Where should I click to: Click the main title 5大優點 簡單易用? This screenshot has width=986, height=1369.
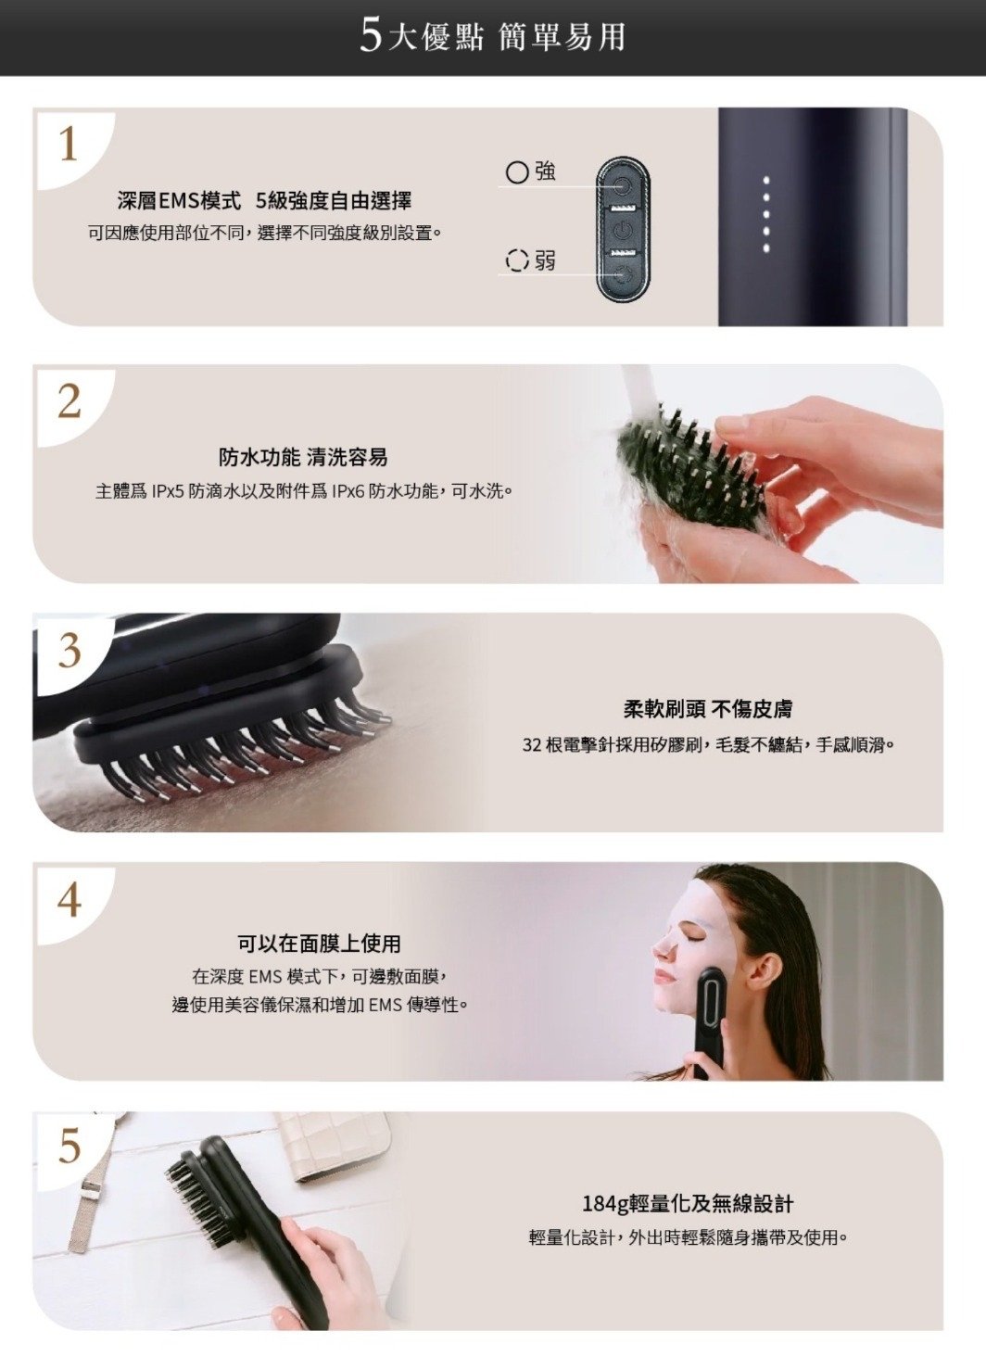click(492, 37)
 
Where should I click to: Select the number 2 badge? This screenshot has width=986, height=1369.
click(69, 402)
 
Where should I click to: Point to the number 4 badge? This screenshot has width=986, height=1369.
click(69, 900)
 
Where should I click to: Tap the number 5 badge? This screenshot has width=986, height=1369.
click(69, 1147)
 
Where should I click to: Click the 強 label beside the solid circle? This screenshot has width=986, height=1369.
click(545, 171)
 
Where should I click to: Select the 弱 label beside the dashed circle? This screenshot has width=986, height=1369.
click(545, 261)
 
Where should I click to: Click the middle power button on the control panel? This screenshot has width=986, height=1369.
click(621, 231)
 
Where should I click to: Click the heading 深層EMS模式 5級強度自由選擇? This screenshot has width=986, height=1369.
click(264, 200)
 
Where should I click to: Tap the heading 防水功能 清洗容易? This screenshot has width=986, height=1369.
click(303, 457)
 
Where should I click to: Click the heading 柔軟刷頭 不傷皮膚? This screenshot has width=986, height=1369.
click(707, 709)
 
